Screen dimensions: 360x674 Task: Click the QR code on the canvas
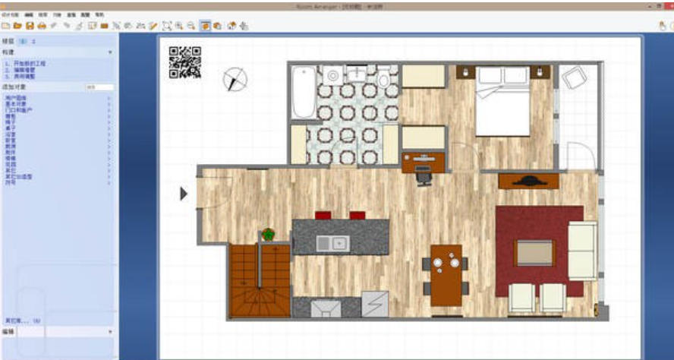pyautogui.click(x=185, y=62)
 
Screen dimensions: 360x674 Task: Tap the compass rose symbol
pyautogui.click(x=235, y=77)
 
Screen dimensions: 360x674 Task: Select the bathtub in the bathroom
pyautogui.click(x=304, y=92)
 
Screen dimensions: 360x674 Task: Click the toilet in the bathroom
pyautogui.click(x=383, y=77)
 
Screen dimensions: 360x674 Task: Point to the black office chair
pyautogui.click(x=424, y=176)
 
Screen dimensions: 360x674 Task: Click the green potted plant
pyautogui.click(x=268, y=235)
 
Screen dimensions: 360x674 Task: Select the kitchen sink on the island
pyautogui.click(x=331, y=242)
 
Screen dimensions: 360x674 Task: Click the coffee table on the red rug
pyautogui.click(x=534, y=252)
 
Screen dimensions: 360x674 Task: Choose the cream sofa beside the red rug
pyautogui.click(x=582, y=251)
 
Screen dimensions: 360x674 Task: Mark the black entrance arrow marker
pyautogui.click(x=183, y=194)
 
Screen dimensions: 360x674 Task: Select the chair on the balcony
pyautogui.click(x=575, y=78)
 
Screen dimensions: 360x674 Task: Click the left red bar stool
pyautogui.click(x=323, y=215)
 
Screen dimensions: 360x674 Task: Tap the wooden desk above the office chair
pyautogui.click(x=424, y=161)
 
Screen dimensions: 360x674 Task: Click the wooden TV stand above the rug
pyautogui.click(x=528, y=181)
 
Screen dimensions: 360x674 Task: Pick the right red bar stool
pyautogui.click(x=357, y=215)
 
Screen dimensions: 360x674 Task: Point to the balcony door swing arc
pyautogui.click(x=581, y=153)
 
